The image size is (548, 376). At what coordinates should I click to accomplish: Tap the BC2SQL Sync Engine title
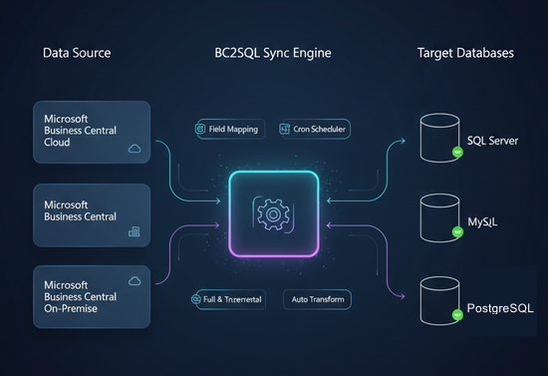pos(272,52)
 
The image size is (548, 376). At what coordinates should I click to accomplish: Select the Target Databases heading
pos(465,52)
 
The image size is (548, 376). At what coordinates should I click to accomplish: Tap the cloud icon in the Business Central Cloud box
pos(134,148)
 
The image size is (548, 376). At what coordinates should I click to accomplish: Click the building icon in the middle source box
pos(135,231)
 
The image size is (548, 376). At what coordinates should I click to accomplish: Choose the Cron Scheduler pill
pos(316,129)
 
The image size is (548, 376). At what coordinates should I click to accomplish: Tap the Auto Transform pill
pos(316,298)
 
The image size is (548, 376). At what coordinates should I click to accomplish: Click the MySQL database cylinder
pos(437,216)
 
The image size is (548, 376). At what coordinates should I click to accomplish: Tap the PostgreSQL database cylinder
pos(437,300)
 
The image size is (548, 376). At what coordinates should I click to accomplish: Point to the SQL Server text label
pos(492,141)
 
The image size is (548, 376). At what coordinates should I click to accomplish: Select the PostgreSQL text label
pos(500,309)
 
